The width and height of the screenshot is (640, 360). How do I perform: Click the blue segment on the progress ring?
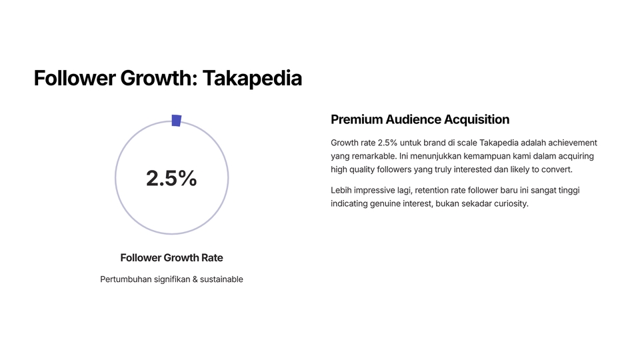[176, 121]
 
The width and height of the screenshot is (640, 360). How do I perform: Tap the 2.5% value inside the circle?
[171, 179]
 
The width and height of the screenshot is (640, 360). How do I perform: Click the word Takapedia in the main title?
[252, 78]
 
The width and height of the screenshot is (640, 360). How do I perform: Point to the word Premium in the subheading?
[356, 119]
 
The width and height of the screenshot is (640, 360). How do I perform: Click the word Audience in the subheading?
[413, 119]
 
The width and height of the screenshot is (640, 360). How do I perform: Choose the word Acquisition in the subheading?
[477, 119]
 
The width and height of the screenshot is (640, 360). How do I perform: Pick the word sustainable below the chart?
[221, 279]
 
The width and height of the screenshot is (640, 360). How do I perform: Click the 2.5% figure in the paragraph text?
[387, 143]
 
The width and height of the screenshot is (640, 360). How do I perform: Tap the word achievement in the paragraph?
[573, 143]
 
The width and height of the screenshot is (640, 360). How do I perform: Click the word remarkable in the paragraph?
[374, 156]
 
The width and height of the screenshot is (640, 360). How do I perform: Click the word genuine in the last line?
[385, 204]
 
